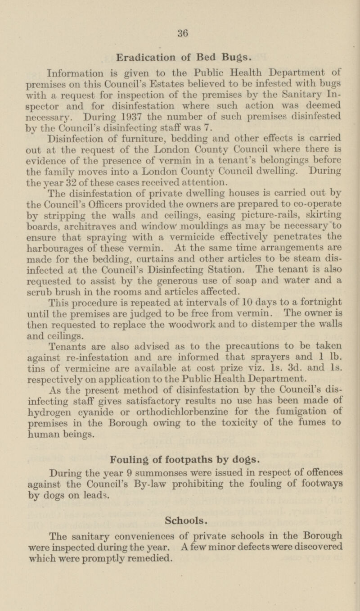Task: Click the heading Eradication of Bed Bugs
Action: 180,58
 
